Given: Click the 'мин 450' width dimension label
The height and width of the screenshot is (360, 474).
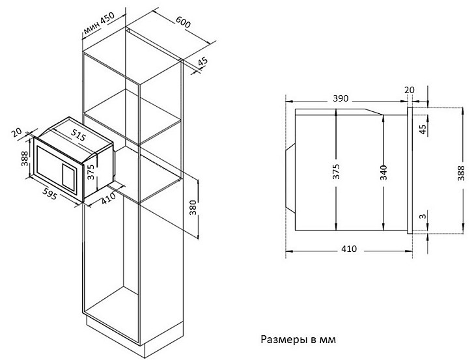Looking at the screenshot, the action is (99, 23).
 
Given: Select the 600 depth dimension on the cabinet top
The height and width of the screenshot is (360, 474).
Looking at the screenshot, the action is (183, 21).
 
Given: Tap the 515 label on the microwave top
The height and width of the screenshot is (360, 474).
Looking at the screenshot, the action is (79, 135).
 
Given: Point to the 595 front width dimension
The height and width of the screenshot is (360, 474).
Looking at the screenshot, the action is (49, 193).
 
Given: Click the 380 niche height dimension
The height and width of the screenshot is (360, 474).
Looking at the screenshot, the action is (193, 208).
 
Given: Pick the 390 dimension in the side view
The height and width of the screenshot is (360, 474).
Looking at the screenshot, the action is (341, 98).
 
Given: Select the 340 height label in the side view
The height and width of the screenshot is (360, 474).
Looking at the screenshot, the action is (383, 173).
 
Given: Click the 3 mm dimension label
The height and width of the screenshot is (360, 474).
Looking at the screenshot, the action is (423, 216).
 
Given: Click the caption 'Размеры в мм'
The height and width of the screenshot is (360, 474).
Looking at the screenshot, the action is (298, 339).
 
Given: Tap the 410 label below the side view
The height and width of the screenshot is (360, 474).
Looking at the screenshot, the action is (349, 249).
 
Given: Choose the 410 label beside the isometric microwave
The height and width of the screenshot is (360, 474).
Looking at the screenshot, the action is (108, 198).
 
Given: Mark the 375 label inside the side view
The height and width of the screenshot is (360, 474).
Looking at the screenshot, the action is (336, 171).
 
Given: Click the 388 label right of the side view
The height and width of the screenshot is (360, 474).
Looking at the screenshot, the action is (461, 173).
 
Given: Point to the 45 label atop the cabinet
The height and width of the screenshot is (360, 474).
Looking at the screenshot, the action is (203, 62).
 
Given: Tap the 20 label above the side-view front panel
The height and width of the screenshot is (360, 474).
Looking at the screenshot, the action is (410, 90).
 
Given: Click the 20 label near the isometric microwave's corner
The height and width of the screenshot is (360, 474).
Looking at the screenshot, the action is (17, 132).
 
